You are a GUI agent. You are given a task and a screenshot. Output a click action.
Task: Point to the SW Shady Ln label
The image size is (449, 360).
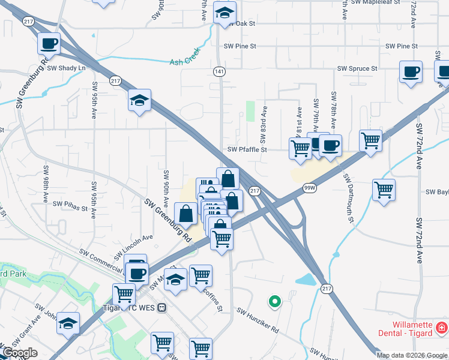pos(71,68)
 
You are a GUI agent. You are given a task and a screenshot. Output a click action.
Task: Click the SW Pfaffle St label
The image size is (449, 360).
pos(247,150)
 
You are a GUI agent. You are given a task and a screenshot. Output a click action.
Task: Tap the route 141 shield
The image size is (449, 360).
pos(220,71)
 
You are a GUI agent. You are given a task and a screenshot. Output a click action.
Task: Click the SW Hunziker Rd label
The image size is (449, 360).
pos(258,321)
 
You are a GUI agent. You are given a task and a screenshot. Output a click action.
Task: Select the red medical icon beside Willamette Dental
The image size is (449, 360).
pos(441,328)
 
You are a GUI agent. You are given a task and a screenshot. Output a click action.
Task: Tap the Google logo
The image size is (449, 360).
pos(20,353)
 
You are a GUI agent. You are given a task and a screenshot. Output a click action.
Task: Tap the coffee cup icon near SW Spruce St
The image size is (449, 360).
pos(411,72)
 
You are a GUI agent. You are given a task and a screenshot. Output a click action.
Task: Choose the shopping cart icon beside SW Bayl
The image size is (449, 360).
pos(384,190)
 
